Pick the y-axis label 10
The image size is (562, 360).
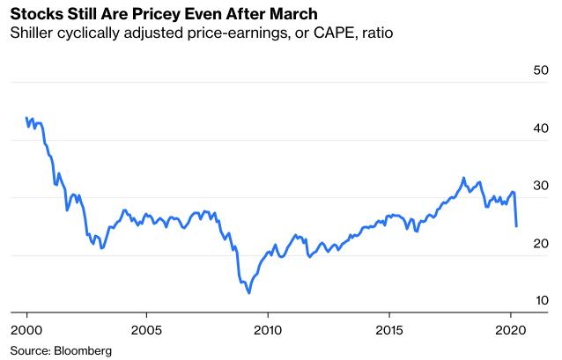click(x=540, y=301)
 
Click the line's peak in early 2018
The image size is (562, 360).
click(x=463, y=178)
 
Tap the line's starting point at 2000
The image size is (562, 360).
click(x=27, y=119)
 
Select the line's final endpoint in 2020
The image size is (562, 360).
click(x=516, y=226)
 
